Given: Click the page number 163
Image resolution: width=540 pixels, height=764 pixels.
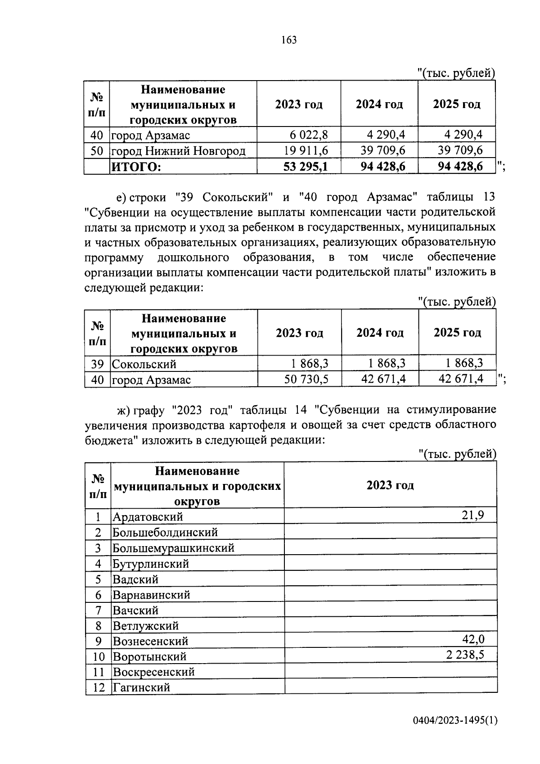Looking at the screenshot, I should pyautogui.click(x=289, y=40).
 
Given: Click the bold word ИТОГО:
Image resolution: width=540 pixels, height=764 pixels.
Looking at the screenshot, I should pyautogui.click(x=136, y=167).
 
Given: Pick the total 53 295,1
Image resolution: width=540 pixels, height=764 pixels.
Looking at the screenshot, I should pyautogui.click(x=306, y=167).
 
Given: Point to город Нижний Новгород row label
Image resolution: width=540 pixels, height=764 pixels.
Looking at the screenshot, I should pyautogui.click(x=179, y=150).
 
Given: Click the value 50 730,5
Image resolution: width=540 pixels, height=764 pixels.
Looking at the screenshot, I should pyautogui.click(x=306, y=379).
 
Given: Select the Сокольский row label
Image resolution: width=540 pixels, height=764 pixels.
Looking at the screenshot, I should pyautogui.click(x=144, y=364).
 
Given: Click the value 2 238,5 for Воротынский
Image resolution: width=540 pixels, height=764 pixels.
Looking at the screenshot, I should pyautogui.click(x=465, y=654).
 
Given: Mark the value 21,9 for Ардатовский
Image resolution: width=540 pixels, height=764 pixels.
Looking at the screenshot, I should pyautogui.click(x=473, y=515).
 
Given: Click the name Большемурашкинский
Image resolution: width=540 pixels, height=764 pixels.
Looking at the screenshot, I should pyautogui.click(x=173, y=548).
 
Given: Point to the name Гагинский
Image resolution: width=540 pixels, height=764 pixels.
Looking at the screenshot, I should pyautogui.click(x=141, y=687).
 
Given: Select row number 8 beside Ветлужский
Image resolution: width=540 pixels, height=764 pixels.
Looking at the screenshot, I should pyautogui.click(x=98, y=626).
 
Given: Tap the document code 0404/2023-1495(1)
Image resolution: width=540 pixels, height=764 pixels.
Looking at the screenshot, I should pyautogui.click(x=455, y=721).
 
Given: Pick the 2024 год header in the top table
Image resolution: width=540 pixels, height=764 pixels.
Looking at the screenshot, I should pyautogui.click(x=379, y=104).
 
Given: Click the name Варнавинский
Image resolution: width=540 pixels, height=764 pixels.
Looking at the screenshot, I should pyautogui.click(x=151, y=595).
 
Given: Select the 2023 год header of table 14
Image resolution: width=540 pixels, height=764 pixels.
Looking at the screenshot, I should pyautogui.click(x=390, y=485).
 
